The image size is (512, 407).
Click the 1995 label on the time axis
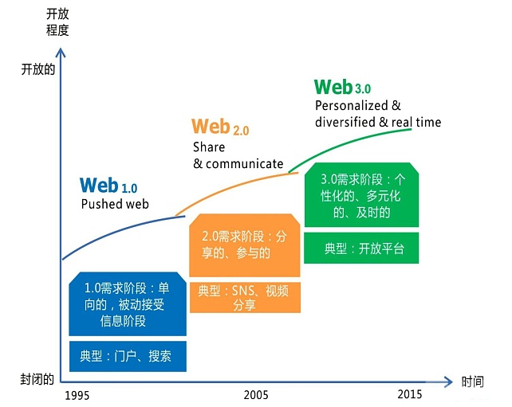77,395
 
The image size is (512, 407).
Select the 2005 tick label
256,395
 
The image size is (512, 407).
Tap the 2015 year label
410,394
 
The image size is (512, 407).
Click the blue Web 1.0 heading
108,186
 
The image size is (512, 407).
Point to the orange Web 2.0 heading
220,127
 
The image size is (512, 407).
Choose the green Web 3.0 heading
342,87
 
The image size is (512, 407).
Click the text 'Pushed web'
115,204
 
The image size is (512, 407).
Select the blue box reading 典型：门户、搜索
128,356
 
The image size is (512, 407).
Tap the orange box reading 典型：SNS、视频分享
245,297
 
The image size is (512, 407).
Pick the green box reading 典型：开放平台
361,249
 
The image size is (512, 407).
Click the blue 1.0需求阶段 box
128,304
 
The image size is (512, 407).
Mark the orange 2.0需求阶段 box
245,245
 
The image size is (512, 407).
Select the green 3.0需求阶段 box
361,194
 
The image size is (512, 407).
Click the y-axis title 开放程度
57,22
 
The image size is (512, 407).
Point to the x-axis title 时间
472,382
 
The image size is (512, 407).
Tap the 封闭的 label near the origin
37,379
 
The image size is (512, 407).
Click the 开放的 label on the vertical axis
37,69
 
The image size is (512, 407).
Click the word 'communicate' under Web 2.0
245,164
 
